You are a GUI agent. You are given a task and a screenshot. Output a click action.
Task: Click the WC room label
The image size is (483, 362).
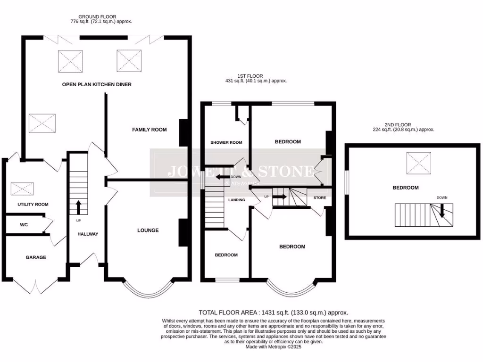(24, 225)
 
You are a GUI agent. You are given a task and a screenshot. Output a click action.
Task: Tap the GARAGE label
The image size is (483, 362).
(35, 257)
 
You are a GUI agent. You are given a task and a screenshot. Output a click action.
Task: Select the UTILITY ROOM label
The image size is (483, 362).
(33, 205)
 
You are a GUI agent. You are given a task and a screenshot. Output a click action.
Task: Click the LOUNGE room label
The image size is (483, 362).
(148, 230)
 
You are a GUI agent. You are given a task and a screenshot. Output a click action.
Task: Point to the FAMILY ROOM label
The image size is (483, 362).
(149, 129)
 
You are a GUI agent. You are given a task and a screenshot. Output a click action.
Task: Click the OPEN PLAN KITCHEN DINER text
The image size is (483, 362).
(97, 84)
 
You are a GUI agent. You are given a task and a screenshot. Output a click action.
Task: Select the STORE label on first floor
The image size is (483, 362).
(319, 198)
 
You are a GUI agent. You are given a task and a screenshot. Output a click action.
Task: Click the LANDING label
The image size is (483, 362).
(236, 200)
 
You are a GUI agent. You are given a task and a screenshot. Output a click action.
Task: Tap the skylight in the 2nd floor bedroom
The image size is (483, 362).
(418, 163)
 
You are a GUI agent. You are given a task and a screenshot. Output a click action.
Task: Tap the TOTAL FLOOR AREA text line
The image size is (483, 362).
(273, 313)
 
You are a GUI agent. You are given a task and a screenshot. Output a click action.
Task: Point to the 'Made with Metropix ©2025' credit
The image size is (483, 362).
(273, 347)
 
